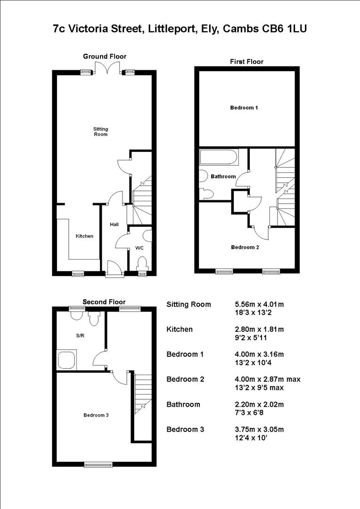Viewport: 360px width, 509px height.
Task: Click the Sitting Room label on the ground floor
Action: [100, 131]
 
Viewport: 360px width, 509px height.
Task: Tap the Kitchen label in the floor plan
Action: [85, 236]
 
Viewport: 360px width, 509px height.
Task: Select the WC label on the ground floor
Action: [139, 247]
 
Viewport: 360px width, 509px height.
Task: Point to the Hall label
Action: [114, 225]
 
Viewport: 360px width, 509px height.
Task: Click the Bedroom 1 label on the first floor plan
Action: [244, 108]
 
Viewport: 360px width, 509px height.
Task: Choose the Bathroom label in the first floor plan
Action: [223, 176]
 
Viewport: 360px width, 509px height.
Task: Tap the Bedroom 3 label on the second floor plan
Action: [96, 415]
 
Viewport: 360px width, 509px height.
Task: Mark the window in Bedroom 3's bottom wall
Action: [98, 464]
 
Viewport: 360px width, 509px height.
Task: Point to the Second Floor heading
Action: [104, 302]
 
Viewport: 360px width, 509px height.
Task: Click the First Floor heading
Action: [246, 62]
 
